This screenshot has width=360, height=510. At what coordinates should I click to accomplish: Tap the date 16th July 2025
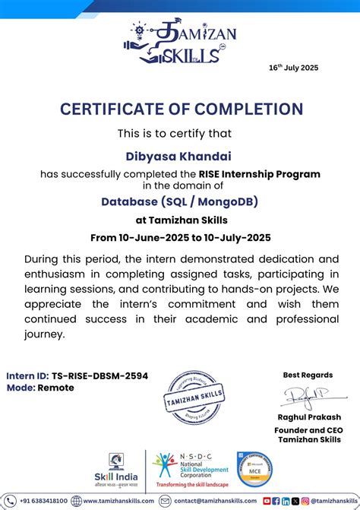point(294,67)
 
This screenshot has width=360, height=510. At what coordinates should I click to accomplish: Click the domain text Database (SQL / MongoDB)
point(180,201)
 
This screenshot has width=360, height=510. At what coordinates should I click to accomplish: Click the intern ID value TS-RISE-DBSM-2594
point(99,375)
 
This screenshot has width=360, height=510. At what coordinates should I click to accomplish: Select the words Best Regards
point(308,375)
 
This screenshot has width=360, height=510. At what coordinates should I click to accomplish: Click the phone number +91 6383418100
point(43,502)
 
